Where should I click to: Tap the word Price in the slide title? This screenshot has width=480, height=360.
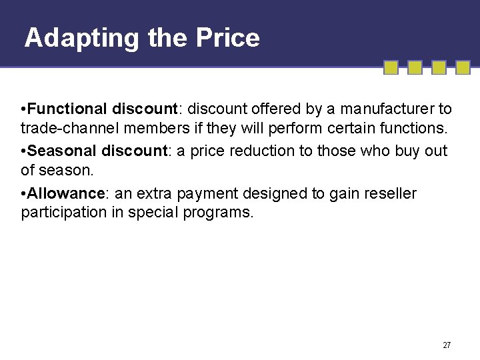227,37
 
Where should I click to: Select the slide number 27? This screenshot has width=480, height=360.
447,345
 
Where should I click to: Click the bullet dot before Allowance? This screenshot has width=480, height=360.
24,194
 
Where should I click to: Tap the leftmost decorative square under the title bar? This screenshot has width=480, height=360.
391,67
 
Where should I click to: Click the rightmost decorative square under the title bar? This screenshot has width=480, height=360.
463,67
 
